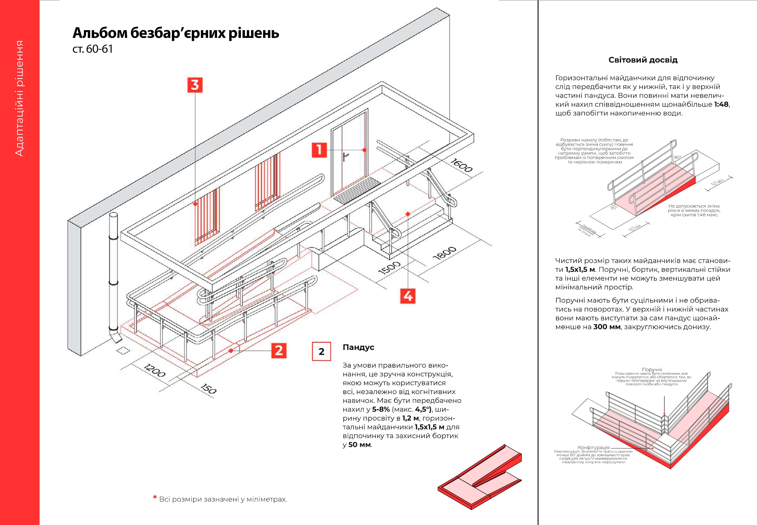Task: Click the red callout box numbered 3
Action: [195, 85]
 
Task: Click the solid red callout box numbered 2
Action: [279, 350]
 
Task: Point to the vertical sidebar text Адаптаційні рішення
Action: [20, 99]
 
